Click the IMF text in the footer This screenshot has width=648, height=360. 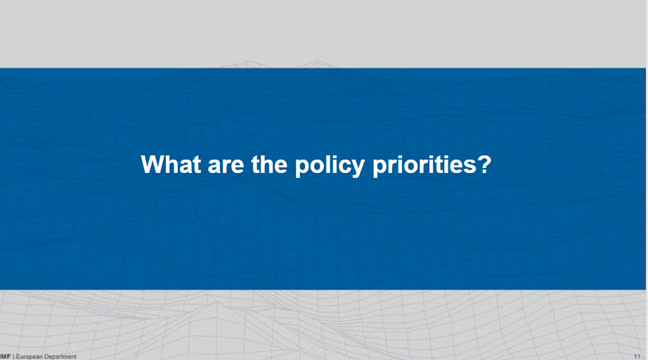[4, 355]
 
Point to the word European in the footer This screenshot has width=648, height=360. [28, 355]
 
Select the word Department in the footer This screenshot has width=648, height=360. [60, 355]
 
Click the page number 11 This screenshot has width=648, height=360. [637, 355]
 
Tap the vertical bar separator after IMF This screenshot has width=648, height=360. [12, 355]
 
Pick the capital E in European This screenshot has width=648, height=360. [16, 355]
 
